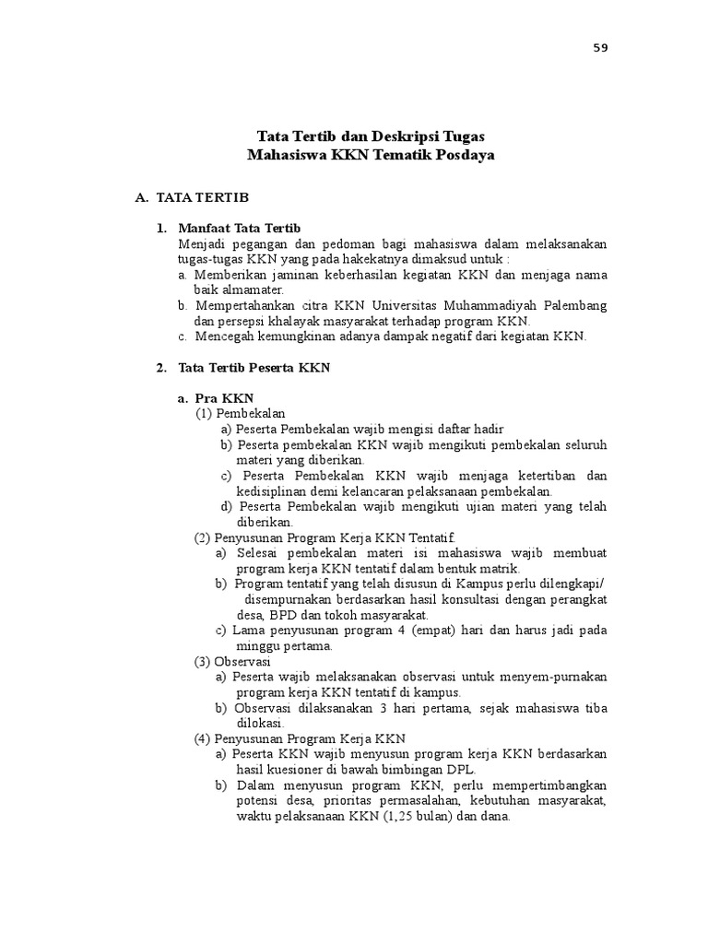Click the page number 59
click(x=601, y=48)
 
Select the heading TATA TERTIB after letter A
click(x=202, y=197)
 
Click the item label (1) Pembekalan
click(x=240, y=413)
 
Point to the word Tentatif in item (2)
click(x=431, y=537)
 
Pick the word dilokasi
click(x=258, y=723)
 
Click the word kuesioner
click(x=295, y=769)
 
